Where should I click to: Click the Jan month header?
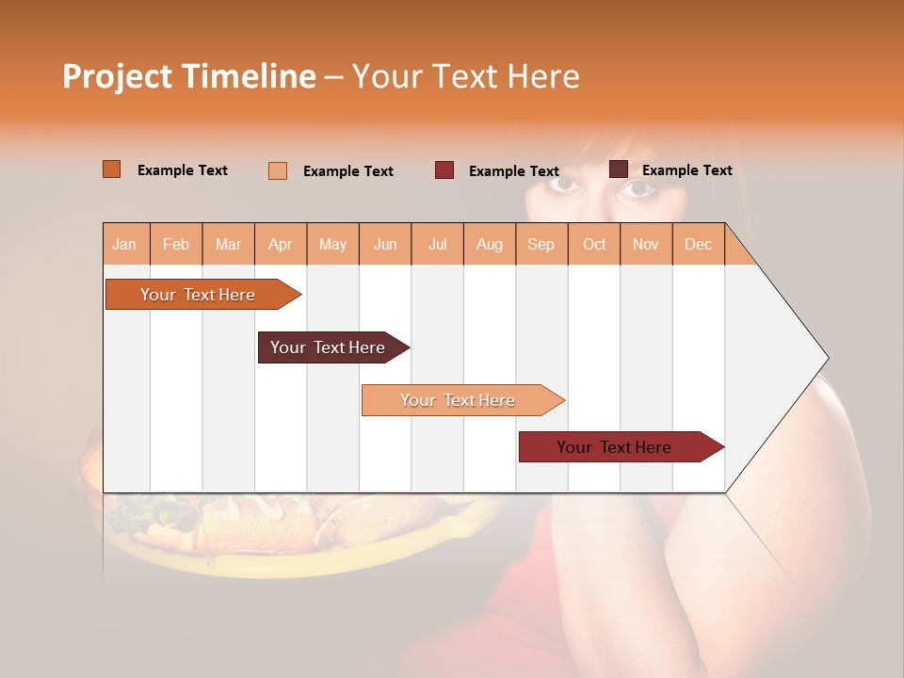pyautogui.click(x=124, y=244)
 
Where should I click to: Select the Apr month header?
pyautogui.click(x=280, y=244)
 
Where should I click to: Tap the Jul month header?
pyautogui.click(x=437, y=244)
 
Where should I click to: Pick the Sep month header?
pyautogui.click(x=541, y=244)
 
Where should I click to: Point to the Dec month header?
pyautogui.click(x=698, y=244)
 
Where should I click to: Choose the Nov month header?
pyautogui.click(x=645, y=244)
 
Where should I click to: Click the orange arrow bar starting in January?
pyautogui.click(x=198, y=295)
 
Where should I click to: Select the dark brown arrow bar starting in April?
pyautogui.click(x=328, y=347)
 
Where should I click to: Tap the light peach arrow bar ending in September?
pyautogui.click(x=458, y=400)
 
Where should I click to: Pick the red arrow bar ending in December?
pyautogui.click(x=614, y=447)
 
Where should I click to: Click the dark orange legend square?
pyautogui.click(x=111, y=169)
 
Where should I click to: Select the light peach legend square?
pyautogui.click(x=278, y=170)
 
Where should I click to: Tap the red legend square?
pyautogui.click(x=444, y=170)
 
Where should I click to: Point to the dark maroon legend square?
pyautogui.click(x=619, y=169)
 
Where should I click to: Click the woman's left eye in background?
pyautogui.click(x=637, y=188)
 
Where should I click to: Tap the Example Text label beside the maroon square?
pyautogui.click(x=686, y=170)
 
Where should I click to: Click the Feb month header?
pyautogui.click(x=176, y=244)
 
